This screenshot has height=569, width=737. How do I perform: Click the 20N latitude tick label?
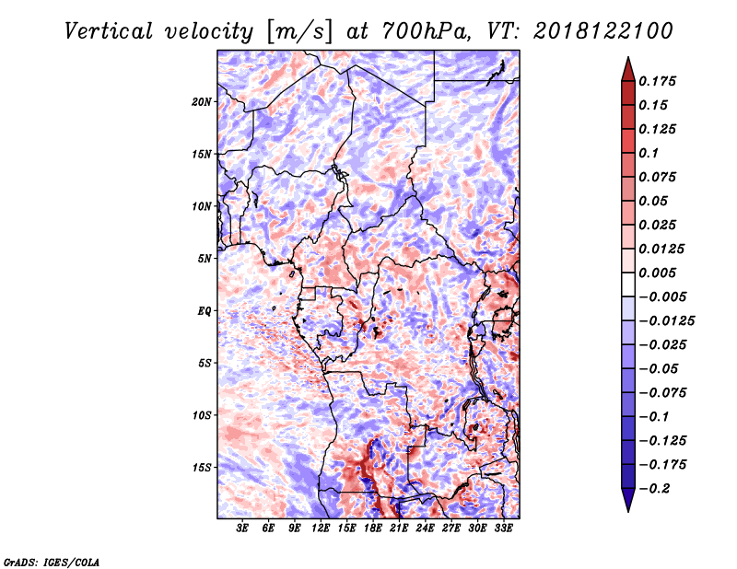pos(202,102)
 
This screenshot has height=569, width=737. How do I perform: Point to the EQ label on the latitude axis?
pos(205,311)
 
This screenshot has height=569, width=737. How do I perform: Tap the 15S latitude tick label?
pos(202,468)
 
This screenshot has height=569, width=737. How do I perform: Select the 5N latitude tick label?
pos(205,259)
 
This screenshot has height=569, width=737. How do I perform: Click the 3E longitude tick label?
pos(242,528)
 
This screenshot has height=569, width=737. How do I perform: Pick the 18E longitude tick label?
pos(373,528)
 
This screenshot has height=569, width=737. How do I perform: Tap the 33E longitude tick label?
pos(503,528)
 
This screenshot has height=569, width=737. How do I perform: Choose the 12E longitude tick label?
pos(321,528)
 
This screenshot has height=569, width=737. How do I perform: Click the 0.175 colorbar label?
pos(657,81)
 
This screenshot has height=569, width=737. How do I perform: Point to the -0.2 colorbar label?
pos(654,489)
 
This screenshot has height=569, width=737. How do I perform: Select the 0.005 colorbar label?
pos(657,273)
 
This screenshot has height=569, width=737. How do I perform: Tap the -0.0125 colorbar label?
pos(666,321)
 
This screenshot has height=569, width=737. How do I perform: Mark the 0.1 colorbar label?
pos(649,153)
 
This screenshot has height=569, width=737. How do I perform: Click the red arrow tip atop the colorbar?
pos(628,57)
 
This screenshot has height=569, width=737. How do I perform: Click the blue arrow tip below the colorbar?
pos(628,511)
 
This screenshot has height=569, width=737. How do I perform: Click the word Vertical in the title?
pos(109,31)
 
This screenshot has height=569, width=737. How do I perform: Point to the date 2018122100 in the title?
pos(603,31)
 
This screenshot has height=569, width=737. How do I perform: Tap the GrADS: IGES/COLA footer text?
pos(52,562)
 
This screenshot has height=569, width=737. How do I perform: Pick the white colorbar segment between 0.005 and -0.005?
pos(628,284)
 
